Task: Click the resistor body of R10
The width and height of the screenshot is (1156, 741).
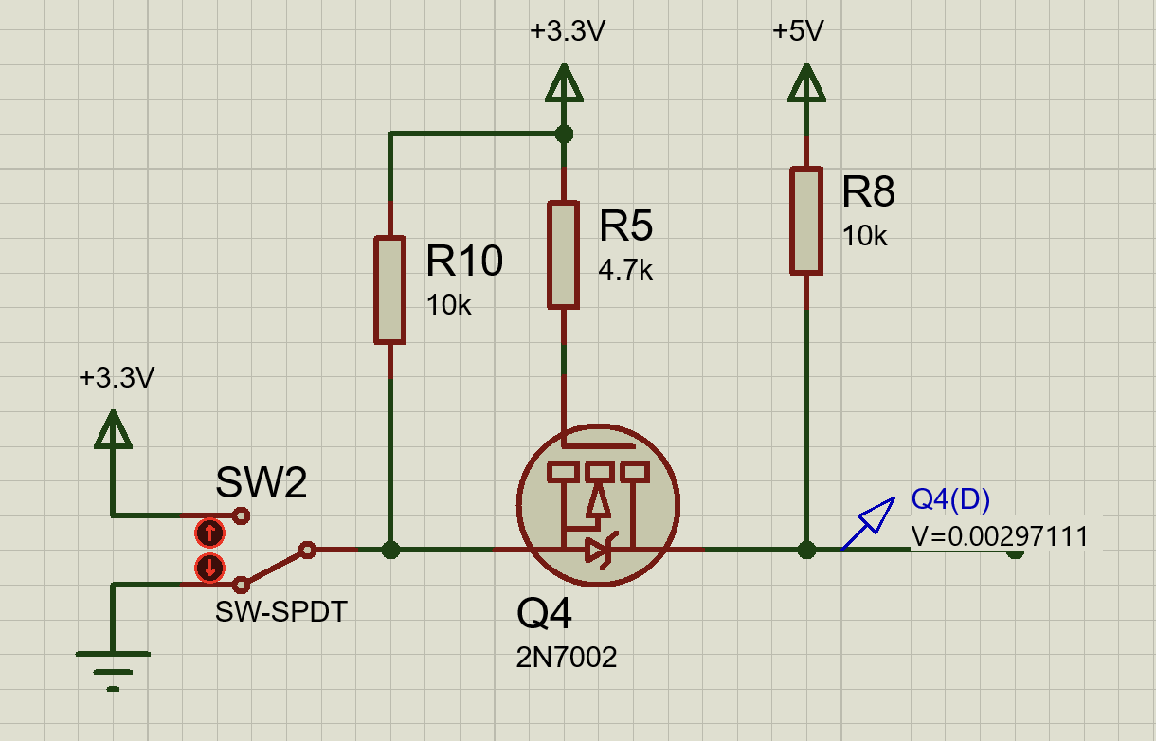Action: (389, 290)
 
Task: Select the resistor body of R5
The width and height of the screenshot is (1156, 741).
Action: (563, 256)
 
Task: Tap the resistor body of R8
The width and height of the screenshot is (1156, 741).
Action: (806, 221)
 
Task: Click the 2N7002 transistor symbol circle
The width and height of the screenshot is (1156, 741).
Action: (518, 506)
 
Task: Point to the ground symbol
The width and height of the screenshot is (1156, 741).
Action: (113, 671)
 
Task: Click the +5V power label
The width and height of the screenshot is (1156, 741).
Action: (798, 31)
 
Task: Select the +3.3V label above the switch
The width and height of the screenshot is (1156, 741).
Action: (117, 378)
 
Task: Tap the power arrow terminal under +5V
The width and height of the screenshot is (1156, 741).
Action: (806, 82)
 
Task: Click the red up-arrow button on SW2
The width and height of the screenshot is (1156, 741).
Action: (209, 533)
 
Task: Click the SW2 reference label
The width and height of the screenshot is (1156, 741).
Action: (262, 482)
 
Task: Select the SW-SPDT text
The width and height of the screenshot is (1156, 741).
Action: (281, 612)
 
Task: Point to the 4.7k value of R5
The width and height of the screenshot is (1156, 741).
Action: (625, 270)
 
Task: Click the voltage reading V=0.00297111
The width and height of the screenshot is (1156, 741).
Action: (1000, 536)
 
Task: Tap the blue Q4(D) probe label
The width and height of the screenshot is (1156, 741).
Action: (950, 499)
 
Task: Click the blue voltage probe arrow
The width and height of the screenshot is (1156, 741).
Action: (869, 524)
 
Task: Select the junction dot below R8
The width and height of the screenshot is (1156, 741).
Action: (806, 551)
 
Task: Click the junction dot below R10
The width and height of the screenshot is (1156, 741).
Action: (390, 551)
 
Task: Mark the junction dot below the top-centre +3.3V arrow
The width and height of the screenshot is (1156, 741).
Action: (564, 135)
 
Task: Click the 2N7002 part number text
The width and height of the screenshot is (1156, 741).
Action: (566, 658)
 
